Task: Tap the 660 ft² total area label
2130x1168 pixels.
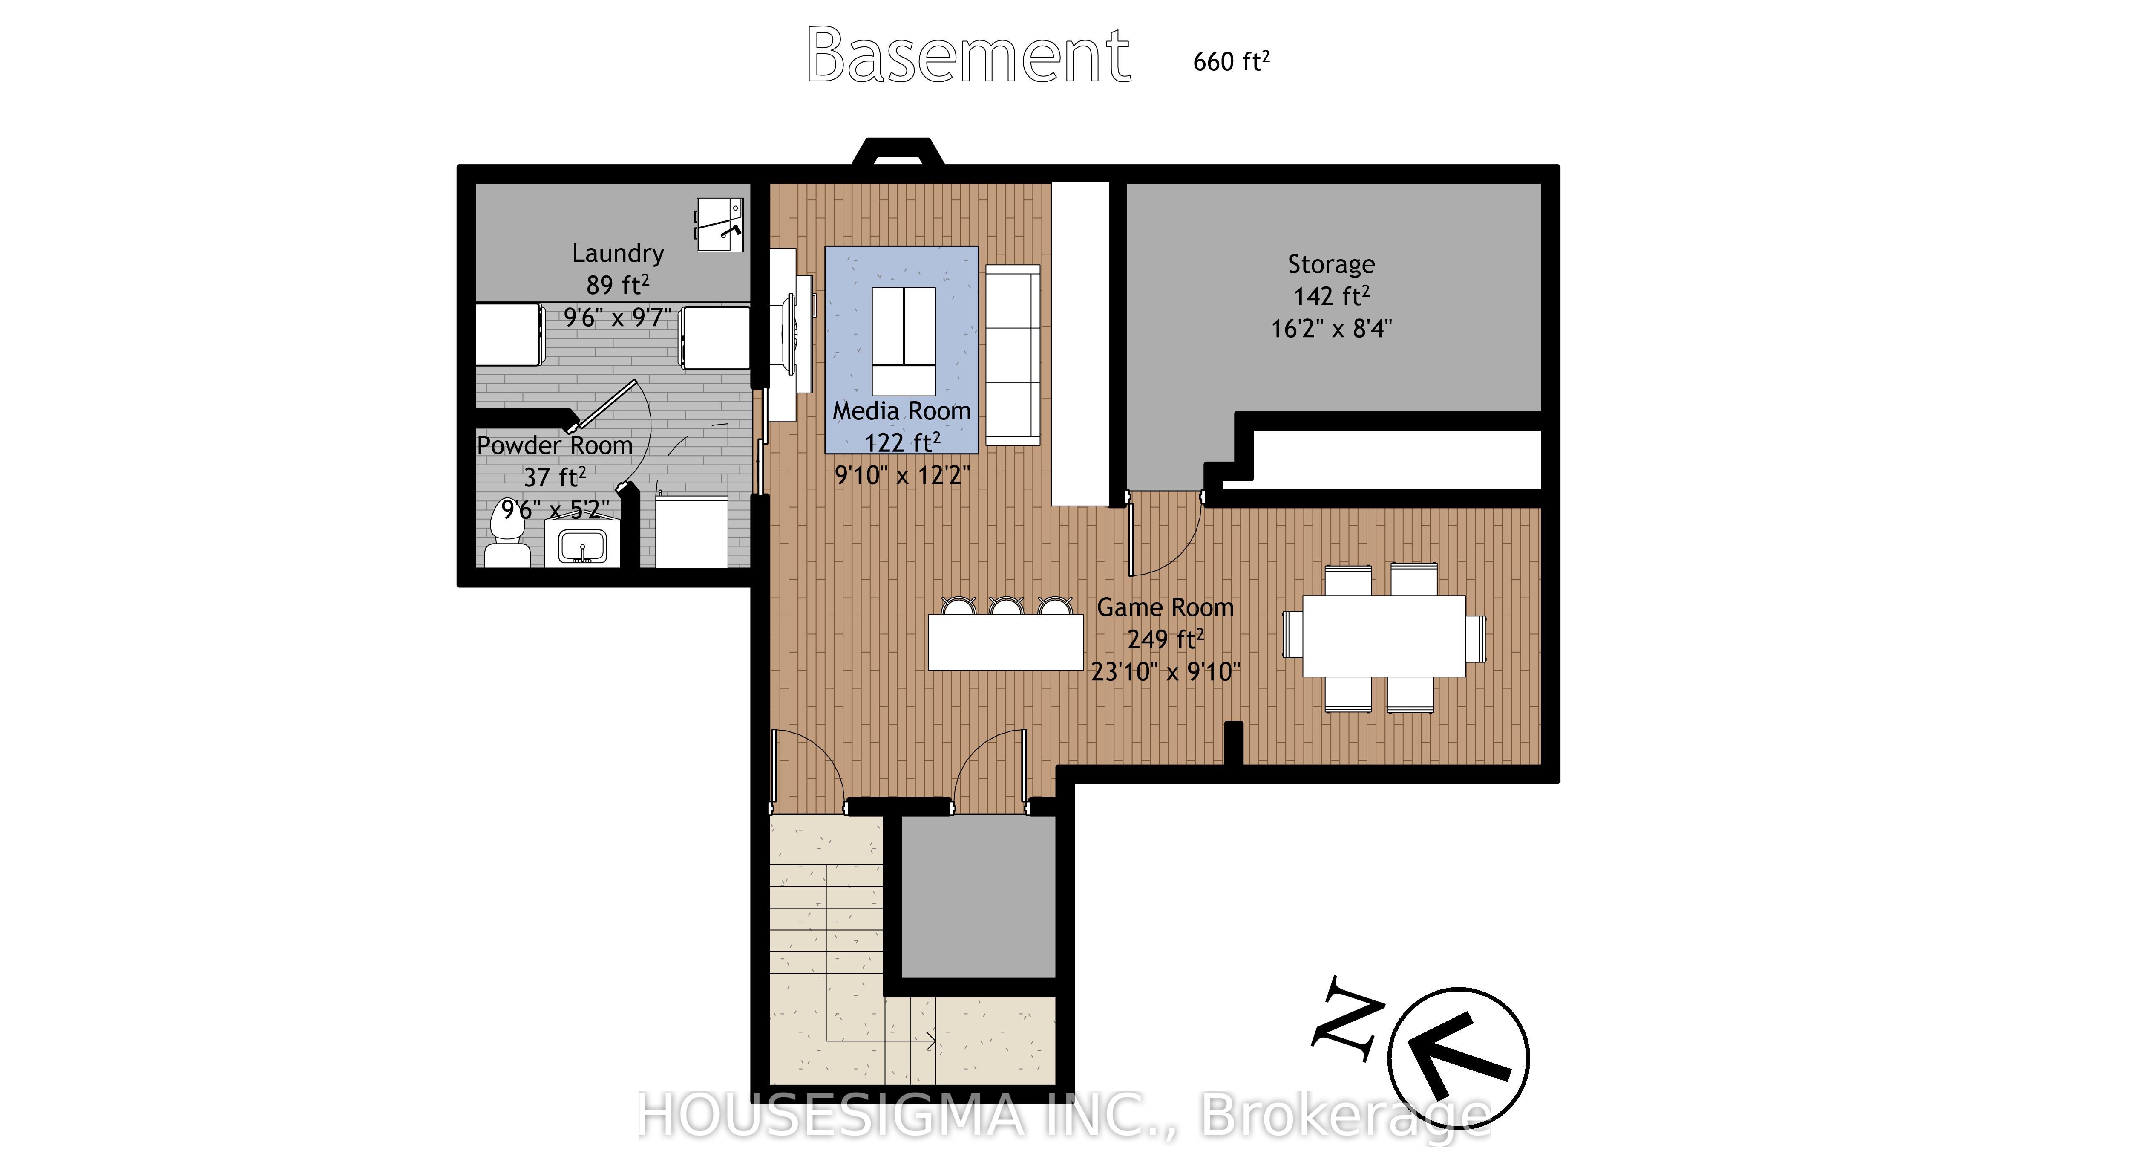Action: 1230,61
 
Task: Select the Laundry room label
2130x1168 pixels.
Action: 618,253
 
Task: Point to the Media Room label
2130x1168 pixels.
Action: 901,411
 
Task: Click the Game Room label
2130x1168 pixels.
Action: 1164,607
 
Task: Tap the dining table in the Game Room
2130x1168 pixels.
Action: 1383,636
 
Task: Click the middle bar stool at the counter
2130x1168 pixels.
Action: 1006,607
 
